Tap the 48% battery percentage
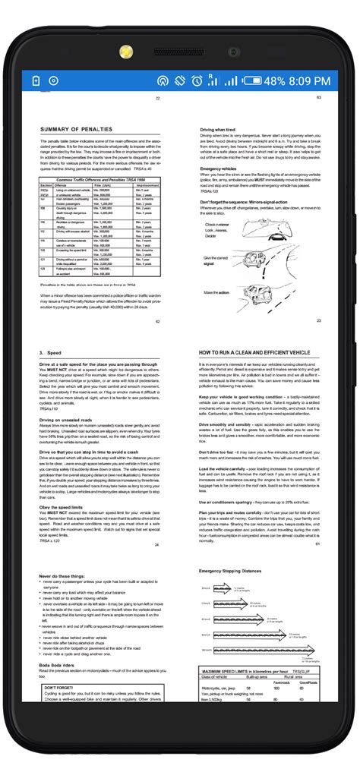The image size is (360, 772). tap(274, 80)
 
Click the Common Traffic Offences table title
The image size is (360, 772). tap(100, 179)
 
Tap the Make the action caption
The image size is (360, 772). tap(216, 292)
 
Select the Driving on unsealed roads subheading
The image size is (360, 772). tap(69, 419)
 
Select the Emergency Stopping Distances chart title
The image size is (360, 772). tap(236, 570)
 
